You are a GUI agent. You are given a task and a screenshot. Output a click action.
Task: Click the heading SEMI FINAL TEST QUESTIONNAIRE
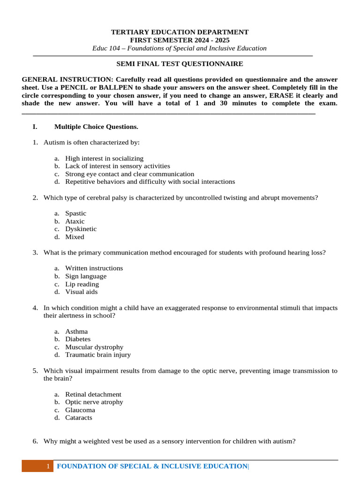tap(180, 64)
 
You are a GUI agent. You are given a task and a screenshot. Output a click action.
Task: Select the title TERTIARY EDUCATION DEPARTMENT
tap(180, 32)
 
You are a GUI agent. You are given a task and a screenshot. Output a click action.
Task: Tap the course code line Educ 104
tap(180, 48)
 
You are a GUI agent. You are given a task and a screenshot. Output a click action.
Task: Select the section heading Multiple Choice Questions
tap(96, 127)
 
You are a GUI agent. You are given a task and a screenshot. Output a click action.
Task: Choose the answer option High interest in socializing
tap(104, 158)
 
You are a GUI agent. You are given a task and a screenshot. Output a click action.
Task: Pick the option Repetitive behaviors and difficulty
tap(150, 181)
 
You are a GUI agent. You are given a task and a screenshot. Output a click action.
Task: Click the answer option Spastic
tap(75, 213)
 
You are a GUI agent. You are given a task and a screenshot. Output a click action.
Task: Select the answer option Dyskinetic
tap(81, 229)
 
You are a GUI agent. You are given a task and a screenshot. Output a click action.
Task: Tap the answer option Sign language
tap(86, 276)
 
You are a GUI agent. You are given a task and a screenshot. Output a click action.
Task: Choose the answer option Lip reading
tap(82, 284)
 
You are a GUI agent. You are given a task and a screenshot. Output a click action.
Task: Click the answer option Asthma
tap(76, 331)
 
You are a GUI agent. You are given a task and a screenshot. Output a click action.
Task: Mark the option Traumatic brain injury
tap(98, 355)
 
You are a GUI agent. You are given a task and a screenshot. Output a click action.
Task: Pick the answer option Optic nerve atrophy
tap(94, 402)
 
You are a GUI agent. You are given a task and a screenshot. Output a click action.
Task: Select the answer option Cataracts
tap(79, 418)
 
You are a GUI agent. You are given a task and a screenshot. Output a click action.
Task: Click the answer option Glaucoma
tap(80, 410)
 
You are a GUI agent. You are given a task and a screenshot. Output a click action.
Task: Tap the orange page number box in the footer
tap(37, 466)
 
